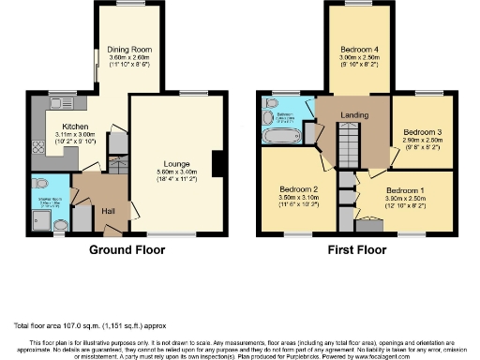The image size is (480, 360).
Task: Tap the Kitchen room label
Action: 74,127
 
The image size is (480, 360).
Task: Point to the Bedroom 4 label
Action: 357,48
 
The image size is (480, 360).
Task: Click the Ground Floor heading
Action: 127,250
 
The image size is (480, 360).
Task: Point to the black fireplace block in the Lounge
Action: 218,164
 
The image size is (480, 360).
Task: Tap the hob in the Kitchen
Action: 38,148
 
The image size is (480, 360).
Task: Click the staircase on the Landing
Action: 349,145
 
